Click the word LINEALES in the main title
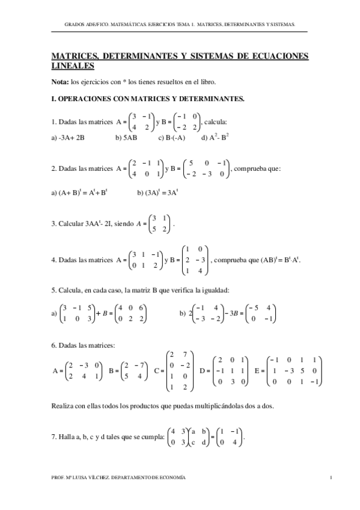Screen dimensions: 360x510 click(73, 66)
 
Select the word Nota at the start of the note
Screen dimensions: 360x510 click(60, 82)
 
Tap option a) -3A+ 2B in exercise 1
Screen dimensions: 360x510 click(68, 137)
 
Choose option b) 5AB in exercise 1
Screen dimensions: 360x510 click(126, 137)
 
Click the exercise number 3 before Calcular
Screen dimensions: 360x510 click(53, 224)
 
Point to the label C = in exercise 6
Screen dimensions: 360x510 click(159, 371)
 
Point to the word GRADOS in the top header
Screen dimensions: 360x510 click(75, 25)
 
